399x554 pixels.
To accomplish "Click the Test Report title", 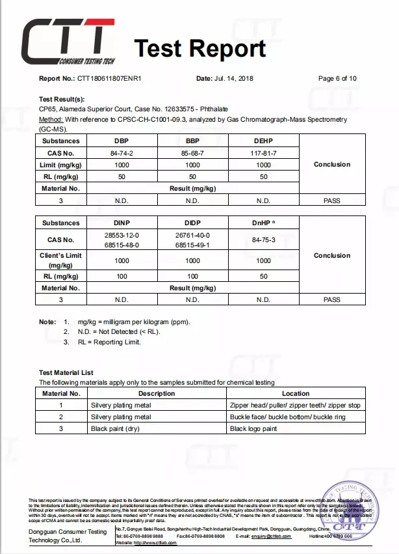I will (200, 48).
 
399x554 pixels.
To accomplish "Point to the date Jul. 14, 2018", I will (233, 79).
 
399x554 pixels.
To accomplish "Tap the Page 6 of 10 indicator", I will (337, 79).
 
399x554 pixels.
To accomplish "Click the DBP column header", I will (122, 141).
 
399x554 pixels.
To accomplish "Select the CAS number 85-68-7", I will (192, 152).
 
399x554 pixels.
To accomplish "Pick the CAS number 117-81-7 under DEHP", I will (263, 152).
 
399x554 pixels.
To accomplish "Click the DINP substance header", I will (122, 223).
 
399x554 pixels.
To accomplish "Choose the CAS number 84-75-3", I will (263, 240).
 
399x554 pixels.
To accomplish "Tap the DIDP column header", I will (192, 223).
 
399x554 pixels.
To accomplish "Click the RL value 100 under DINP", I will (122, 277).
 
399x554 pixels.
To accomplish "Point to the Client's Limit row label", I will (60, 260).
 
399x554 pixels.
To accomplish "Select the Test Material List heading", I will (66, 372).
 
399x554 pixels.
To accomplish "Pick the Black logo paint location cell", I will (253, 429).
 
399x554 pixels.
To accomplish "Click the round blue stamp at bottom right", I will (354, 513).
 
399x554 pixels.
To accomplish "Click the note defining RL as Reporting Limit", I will (109, 342).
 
